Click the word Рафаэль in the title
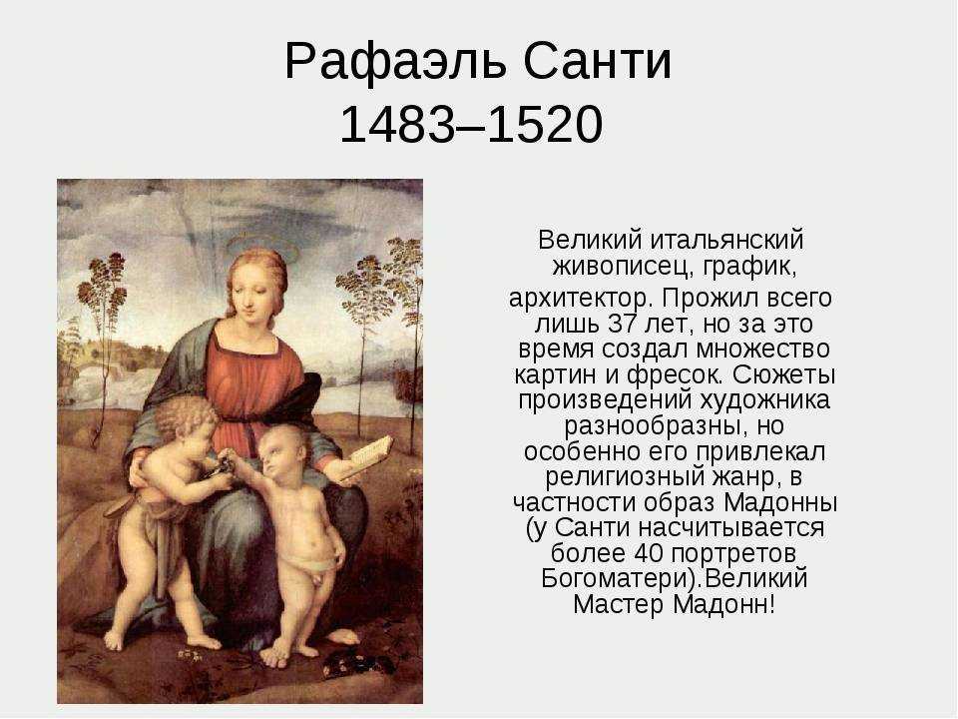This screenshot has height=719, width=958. pyautogui.click(x=395, y=62)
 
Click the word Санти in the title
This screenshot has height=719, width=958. pyautogui.click(x=598, y=61)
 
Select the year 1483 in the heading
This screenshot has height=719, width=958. pyautogui.click(x=396, y=124)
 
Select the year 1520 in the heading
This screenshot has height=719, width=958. pyautogui.click(x=546, y=124)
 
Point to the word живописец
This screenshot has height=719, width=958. pyautogui.click(x=622, y=268)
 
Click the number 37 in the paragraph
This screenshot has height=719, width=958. pyautogui.click(x=623, y=324)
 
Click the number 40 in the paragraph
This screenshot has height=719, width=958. pyautogui.click(x=650, y=553)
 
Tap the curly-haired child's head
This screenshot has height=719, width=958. pyautogui.click(x=186, y=421)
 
